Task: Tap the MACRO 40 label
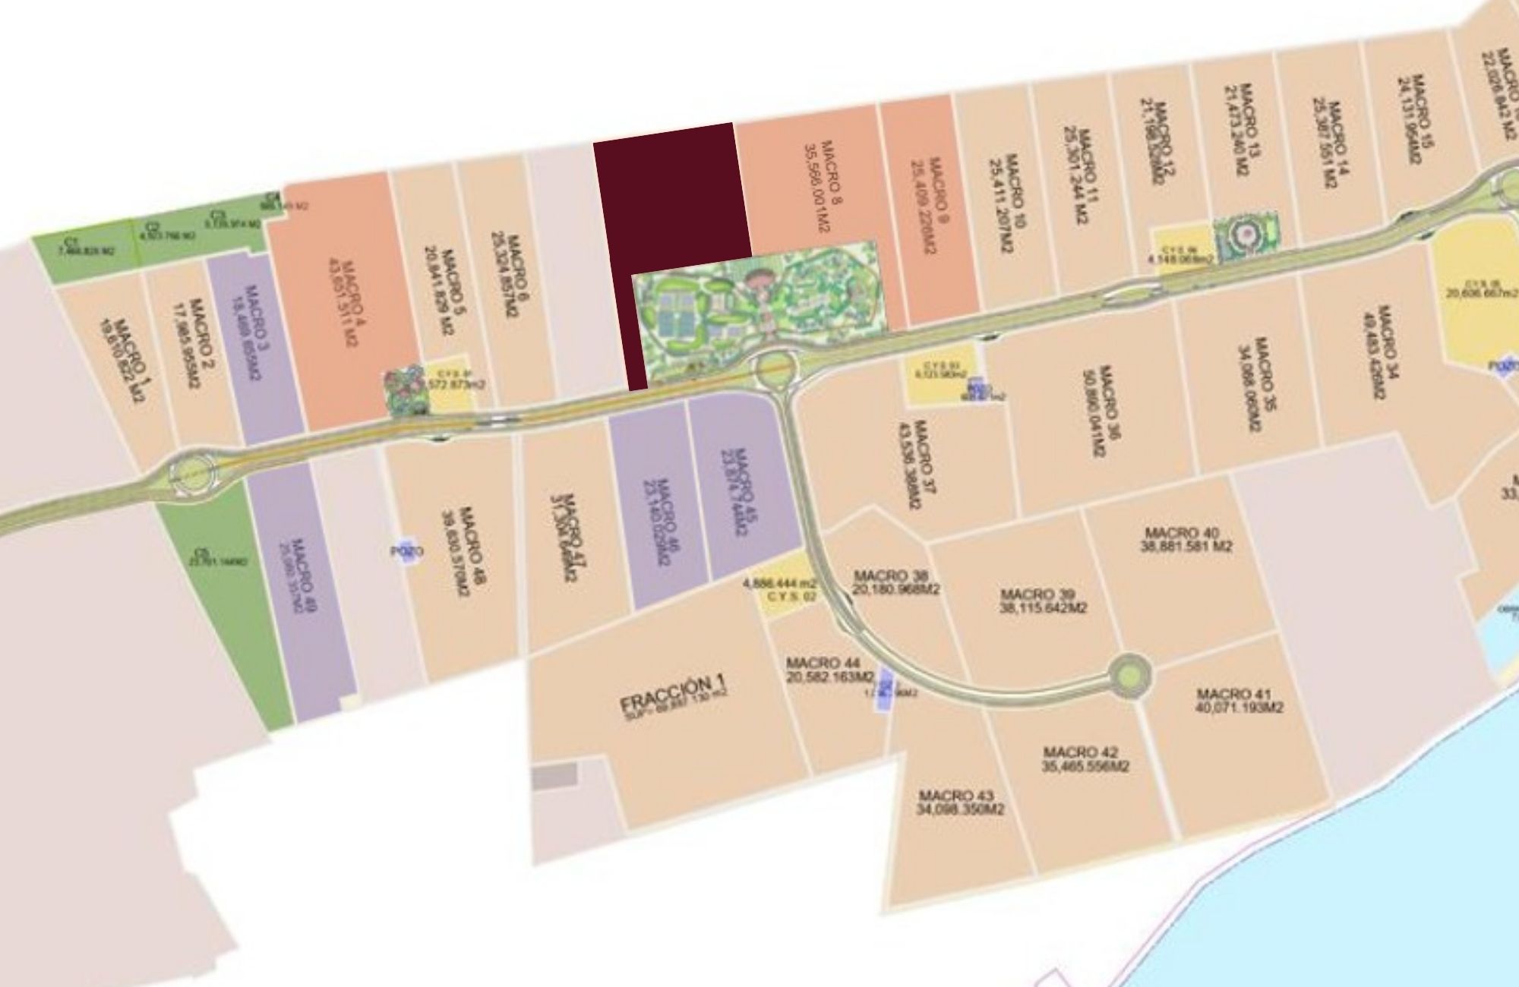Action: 1186,540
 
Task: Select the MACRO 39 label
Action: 1043,601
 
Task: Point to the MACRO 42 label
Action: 1085,759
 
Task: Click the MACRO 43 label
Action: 960,803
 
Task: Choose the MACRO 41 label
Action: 1239,700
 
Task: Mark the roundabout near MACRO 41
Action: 1129,673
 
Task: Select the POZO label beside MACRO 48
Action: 406,552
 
